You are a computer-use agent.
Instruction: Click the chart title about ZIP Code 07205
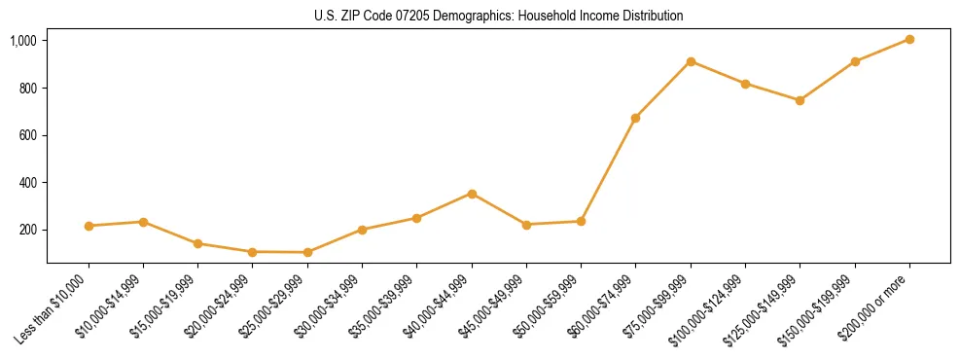(x=499, y=16)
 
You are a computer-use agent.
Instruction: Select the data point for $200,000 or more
(x=909, y=39)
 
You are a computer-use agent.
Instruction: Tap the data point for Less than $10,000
(x=89, y=226)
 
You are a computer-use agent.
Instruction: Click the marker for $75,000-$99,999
(x=691, y=61)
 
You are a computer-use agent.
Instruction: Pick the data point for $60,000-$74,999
(x=635, y=118)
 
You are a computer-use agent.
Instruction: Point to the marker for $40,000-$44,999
(x=472, y=194)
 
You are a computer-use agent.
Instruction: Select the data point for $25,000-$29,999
(x=307, y=252)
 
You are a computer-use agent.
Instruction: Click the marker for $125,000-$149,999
(x=800, y=100)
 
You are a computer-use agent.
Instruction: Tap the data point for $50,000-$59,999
(x=581, y=221)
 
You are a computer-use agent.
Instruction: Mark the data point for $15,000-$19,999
(x=197, y=243)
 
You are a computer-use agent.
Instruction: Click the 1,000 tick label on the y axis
(x=23, y=41)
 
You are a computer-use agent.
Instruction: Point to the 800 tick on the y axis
(x=28, y=89)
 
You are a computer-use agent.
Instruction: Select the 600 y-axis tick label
(x=28, y=135)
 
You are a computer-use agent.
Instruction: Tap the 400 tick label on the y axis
(x=28, y=183)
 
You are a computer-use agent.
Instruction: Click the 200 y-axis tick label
(x=28, y=230)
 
